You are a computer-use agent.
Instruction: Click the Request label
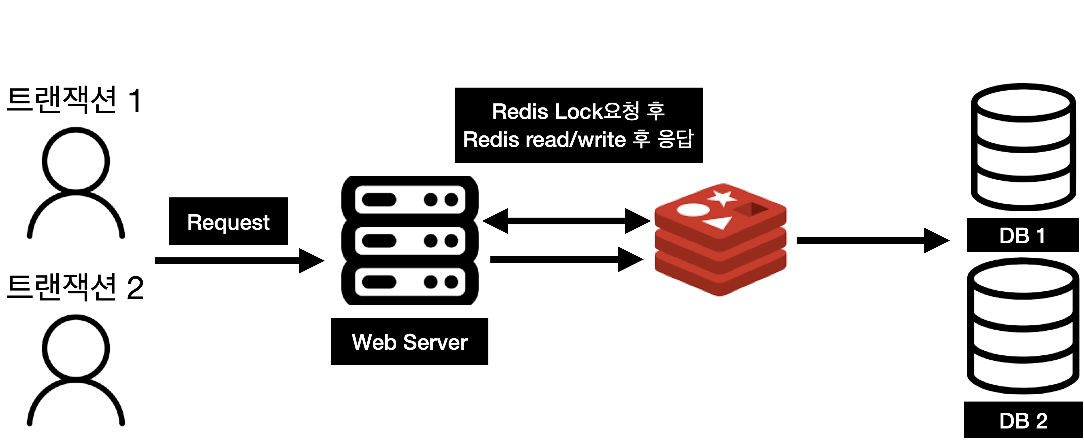point(228,222)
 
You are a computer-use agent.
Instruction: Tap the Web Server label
point(409,342)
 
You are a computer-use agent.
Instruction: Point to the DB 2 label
point(1023,421)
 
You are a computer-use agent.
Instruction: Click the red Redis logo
point(720,240)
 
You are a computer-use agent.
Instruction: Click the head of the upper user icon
point(76,161)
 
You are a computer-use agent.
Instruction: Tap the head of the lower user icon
point(76,348)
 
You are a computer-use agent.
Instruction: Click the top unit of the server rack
point(410,200)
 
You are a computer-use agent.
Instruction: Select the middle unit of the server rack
point(410,241)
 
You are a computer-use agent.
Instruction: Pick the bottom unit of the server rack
point(410,282)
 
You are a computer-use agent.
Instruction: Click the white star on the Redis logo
point(722,198)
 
